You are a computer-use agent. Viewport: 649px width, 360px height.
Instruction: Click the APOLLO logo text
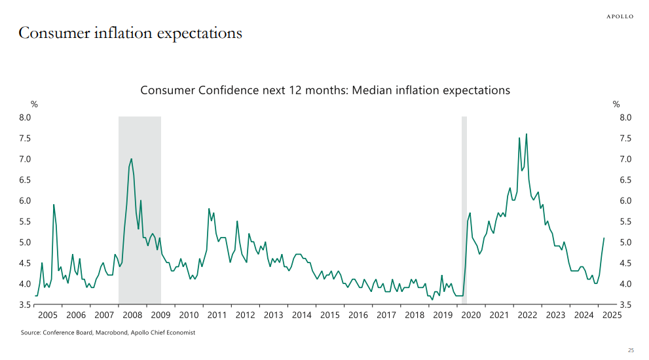[620, 16]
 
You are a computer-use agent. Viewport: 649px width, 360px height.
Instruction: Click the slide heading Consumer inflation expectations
[130, 33]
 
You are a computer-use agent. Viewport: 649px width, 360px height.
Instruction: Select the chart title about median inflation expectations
[325, 90]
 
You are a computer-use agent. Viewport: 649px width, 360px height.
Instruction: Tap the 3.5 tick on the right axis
[625, 304]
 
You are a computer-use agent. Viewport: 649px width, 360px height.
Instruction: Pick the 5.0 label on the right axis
[625, 242]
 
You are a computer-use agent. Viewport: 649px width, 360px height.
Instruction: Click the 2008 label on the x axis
[132, 315]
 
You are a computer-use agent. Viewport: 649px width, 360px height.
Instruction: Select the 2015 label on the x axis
[330, 315]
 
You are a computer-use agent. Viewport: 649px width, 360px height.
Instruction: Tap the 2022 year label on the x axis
[528, 315]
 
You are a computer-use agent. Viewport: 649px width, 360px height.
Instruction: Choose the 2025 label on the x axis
[612, 315]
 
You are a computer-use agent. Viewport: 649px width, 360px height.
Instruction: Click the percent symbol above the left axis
[34, 104]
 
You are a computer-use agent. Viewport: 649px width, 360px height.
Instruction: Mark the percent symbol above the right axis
[616, 104]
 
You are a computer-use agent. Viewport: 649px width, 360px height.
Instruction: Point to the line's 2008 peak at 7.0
[132, 159]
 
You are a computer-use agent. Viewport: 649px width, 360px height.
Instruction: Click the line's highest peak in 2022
[527, 134]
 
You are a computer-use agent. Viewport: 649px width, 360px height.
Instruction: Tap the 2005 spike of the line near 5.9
[54, 205]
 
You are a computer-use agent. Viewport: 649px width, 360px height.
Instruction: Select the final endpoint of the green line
[604, 238]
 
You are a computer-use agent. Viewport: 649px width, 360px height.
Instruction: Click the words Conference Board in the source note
[67, 333]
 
